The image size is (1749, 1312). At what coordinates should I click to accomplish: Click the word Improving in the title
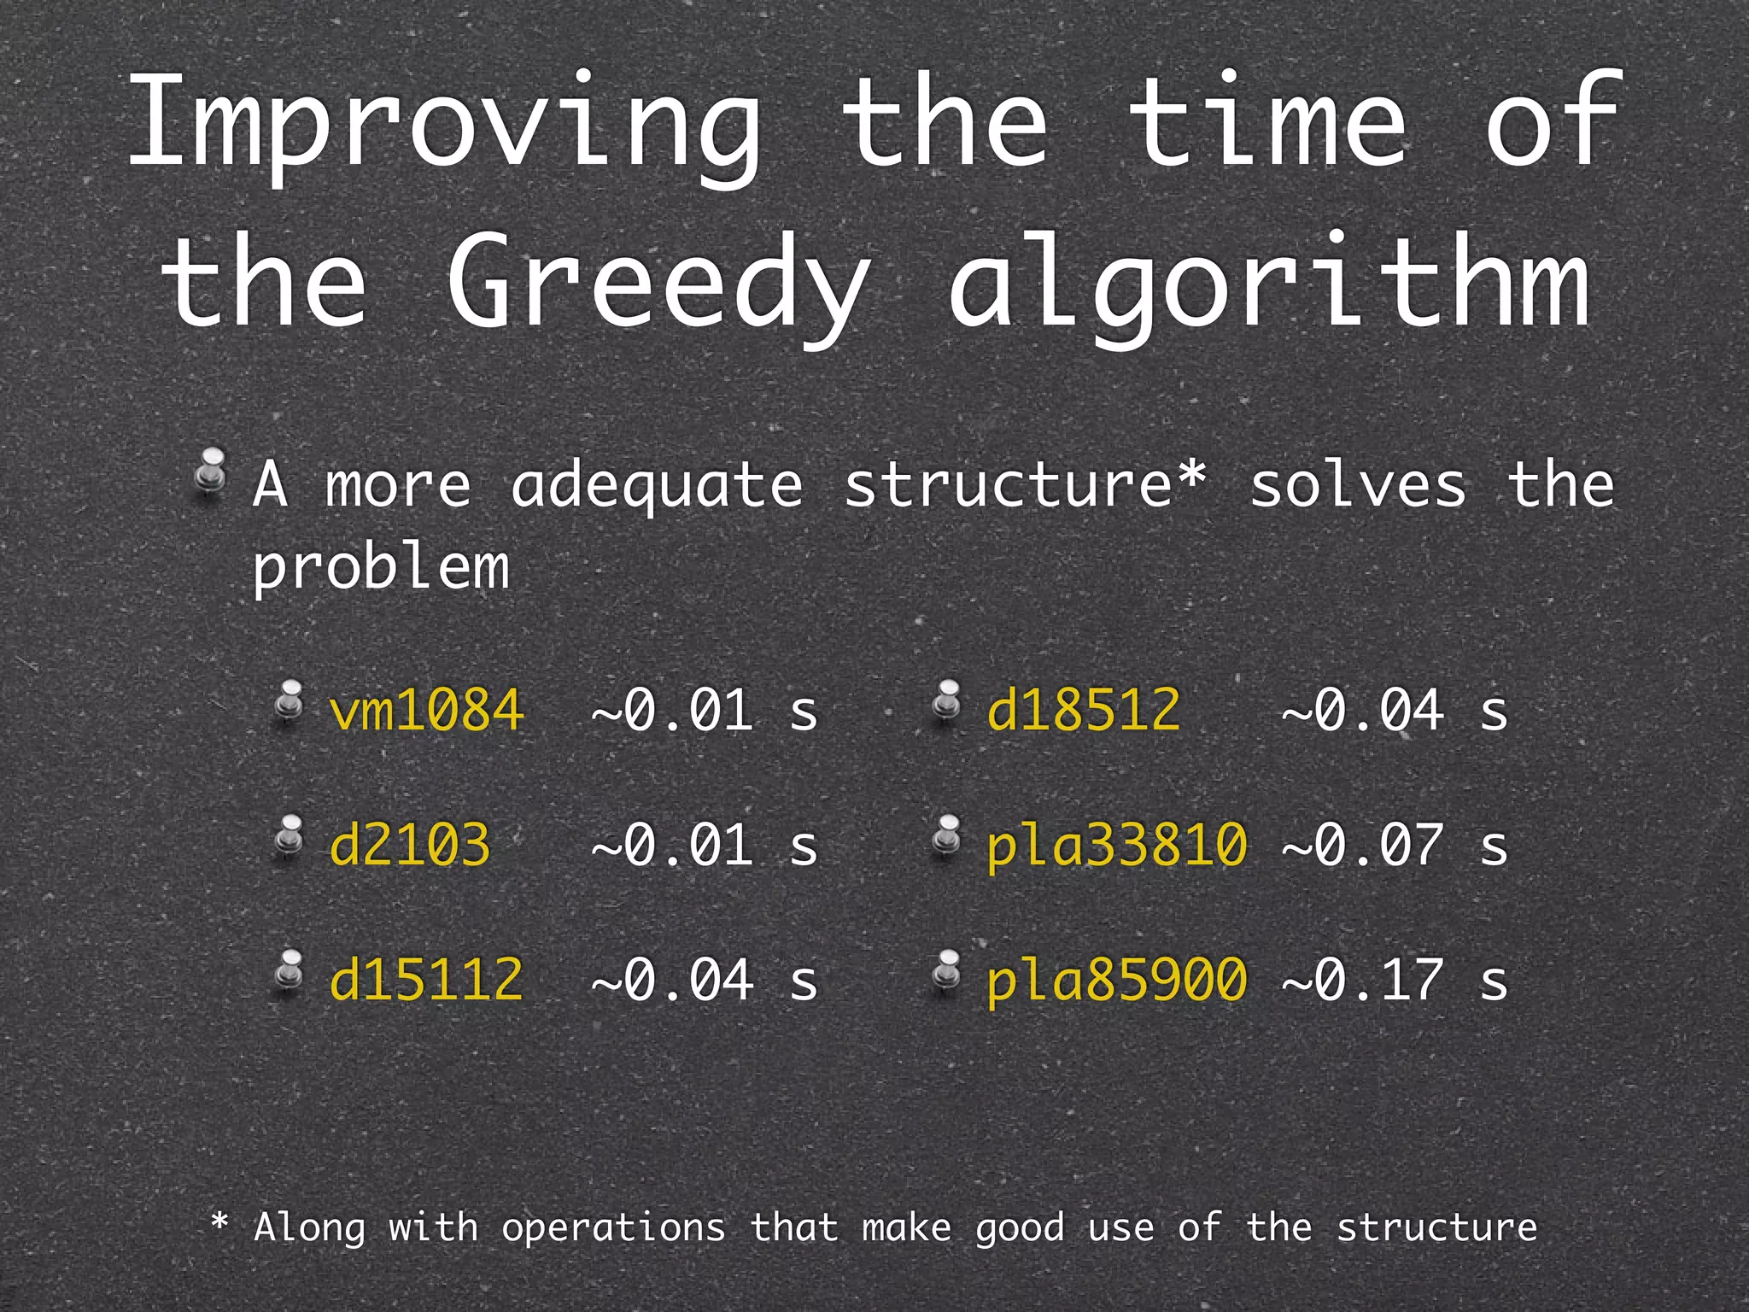(444, 124)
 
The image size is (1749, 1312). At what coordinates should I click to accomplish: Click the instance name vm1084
(426, 710)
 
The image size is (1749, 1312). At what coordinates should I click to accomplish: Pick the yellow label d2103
(410, 845)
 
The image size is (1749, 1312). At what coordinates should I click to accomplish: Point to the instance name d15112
(426, 979)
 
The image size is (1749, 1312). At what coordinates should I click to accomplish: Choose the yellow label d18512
(1084, 710)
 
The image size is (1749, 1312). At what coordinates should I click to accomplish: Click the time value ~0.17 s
(1395, 979)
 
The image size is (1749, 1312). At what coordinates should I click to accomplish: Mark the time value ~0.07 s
(1395, 845)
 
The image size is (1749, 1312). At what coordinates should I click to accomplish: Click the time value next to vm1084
(705, 710)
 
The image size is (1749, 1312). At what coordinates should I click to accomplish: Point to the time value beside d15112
(705, 979)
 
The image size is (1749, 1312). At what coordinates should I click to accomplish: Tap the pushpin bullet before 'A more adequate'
(210, 471)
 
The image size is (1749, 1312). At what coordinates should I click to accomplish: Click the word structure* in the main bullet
(1026, 485)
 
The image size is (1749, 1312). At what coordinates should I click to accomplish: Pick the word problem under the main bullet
(381, 567)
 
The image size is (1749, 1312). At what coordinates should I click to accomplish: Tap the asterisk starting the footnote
(219, 1222)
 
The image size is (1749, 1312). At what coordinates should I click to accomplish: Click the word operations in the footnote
(613, 1228)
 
